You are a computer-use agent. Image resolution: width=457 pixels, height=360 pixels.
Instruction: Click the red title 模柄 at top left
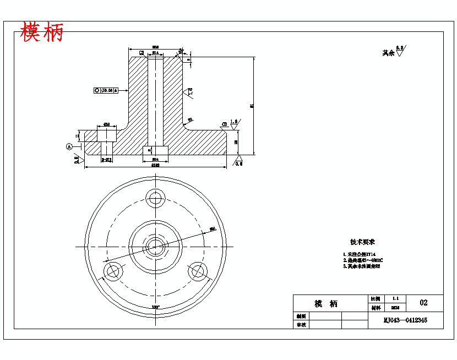pos(42,33)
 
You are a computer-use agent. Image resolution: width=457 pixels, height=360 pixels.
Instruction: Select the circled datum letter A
pos(69,146)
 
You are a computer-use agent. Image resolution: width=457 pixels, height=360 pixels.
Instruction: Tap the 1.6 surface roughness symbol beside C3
pos(234,125)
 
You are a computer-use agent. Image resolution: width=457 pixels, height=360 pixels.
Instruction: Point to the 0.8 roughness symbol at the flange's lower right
pos(238,160)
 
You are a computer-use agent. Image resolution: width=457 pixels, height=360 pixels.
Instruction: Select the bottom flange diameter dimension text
pos(155,165)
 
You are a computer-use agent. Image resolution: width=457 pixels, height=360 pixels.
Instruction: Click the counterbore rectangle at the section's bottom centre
pos(155,150)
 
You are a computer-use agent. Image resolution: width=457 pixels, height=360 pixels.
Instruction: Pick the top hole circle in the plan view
pos(155,198)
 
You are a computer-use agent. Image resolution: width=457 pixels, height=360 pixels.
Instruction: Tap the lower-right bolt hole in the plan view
pos(198,270)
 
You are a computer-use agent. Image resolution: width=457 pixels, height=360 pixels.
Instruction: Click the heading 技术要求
pos(362,242)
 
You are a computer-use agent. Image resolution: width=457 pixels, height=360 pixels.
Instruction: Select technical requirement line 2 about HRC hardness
pos(363,260)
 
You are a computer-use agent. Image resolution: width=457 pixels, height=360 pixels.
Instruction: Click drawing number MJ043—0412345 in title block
pos(405,320)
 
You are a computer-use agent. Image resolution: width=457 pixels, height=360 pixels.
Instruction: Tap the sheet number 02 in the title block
pos(423,303)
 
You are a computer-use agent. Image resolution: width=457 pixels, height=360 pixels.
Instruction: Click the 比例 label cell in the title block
pos(375,298)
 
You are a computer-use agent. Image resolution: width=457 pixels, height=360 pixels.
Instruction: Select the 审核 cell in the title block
pos(301,325)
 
